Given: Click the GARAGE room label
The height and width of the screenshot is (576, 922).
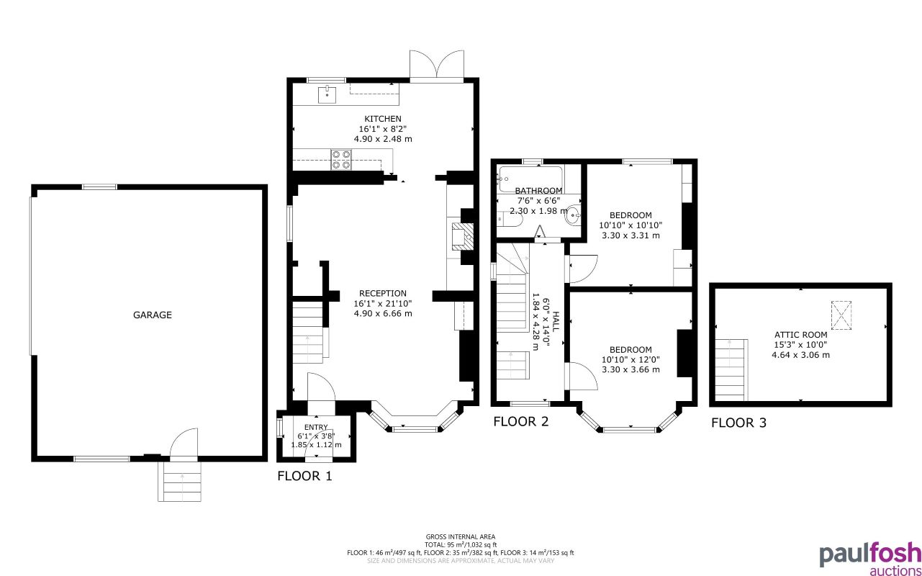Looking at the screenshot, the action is [153, 315].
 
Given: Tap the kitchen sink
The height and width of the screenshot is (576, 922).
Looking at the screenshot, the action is [327, 95].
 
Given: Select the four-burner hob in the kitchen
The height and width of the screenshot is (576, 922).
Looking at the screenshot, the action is [341, 160].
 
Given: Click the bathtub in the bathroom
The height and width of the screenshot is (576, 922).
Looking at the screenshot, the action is [530, 179].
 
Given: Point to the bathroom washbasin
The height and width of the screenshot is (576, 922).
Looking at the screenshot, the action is [573, 215].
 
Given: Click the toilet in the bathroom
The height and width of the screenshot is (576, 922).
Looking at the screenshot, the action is [510, 219].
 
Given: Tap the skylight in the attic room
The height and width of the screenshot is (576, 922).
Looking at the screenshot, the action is [841, 315].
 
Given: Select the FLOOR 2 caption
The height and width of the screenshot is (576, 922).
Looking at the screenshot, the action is [520, 422].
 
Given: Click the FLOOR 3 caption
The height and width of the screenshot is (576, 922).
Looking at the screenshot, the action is [739, 423].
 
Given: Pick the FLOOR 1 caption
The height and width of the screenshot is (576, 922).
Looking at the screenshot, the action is [304, 476].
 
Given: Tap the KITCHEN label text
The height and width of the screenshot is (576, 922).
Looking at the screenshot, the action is [383, 119].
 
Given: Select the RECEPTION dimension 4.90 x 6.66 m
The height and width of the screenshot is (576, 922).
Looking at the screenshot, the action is [383, 313].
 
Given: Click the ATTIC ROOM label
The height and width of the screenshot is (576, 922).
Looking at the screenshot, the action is [800, 335].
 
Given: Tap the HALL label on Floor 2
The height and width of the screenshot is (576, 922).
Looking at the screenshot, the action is [556, 322].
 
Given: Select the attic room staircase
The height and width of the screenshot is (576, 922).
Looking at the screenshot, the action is [731, 370].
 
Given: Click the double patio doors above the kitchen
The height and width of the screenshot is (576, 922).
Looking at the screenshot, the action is [437, 66].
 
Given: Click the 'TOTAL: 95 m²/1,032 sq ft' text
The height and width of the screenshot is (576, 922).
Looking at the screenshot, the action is [461, 545].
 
